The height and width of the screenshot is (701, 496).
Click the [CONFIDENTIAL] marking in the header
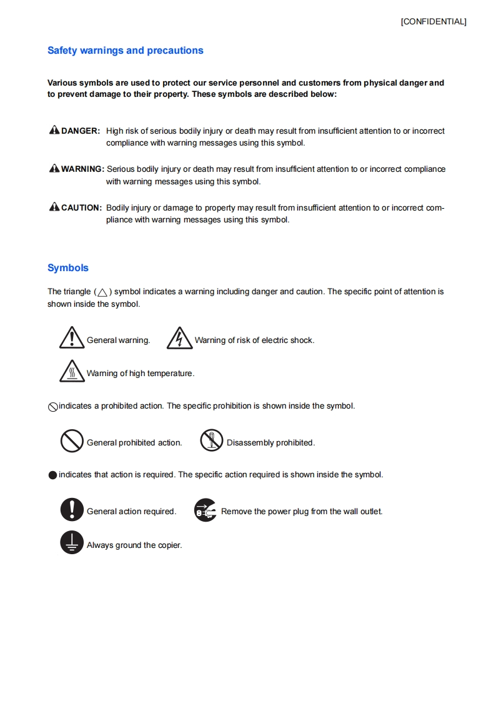[x=434, y=22]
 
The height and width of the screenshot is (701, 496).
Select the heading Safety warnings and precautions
[x=125, y=51]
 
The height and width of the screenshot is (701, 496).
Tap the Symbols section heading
[x=68, y=268]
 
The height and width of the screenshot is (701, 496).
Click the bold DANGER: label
[x=81, y=131]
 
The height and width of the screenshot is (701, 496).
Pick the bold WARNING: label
[x=82, y=169]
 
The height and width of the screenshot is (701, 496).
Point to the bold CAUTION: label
[x=81, y=207]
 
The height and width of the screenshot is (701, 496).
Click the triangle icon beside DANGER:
[x=54, y=131]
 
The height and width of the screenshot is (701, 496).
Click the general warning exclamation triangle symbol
[x=72, y=338]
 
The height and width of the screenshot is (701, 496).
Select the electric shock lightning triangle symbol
[x=179, y=338]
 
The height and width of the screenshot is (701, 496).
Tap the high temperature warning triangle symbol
[x=72, y=371]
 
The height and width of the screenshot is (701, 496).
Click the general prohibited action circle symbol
[x=72, y=442]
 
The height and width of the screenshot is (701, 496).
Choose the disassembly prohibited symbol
[x=212, y=441]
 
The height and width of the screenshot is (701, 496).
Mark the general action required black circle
[x=72, y=510]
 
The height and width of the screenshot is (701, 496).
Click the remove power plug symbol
[x=206, y=510]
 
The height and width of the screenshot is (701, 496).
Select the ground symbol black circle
[x=72, y=542]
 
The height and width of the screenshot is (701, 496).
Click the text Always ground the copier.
[x=134, y=545]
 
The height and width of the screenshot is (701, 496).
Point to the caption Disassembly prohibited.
[x=270, y=443]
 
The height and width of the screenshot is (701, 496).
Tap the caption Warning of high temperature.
[x=141, y=374]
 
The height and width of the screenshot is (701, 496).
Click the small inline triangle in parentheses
[x=103, y=292]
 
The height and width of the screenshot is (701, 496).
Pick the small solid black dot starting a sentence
[x=52, y=475]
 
